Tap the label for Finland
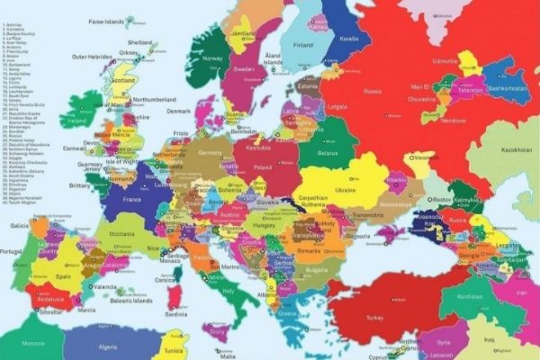(x=302, y=45)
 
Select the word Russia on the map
(x=373, y=91)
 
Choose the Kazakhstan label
(x=517, y=149)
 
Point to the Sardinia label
(x=176, y=314)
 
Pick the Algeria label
(x=107, y=346)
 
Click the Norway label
(x=213, y=59)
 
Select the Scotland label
(x=123, y=79)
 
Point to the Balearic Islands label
(x=130, y=300)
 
